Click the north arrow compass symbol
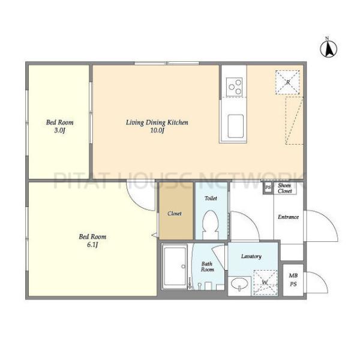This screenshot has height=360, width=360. coord(329,48)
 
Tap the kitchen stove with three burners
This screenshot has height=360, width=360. coord(234,87)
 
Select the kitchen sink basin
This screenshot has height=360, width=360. coord(235,126)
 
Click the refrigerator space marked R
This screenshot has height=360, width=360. coord(287,82)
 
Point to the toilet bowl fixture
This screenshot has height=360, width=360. coord(211,225)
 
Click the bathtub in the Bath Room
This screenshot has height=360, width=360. coord(175,266)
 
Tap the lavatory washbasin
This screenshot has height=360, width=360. coord(239,284)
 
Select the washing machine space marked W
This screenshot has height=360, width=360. coord(265,283)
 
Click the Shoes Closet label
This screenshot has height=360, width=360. coord(284,188)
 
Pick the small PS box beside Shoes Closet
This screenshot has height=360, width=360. coord(268,187)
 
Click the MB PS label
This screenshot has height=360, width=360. coord(293,280)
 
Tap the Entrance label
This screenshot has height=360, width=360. coord(288,217)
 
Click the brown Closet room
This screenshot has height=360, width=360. coord(176,211)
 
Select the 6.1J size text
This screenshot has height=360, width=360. coord(92,245)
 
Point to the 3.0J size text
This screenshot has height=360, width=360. coord(59,131)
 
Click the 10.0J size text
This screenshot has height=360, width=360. coord(157,131)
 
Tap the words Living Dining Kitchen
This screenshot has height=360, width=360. coord(157,122)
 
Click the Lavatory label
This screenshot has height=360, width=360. coord(251,256)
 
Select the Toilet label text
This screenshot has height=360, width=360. coord(211,198)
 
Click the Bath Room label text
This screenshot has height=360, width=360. coord(208,266)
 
